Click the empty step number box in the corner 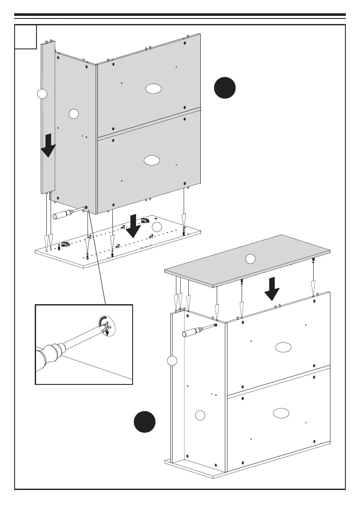(25, 37)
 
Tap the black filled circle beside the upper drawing (225, 88)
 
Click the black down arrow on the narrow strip (48, 145)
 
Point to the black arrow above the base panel (134, 226)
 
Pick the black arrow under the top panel (272, 289)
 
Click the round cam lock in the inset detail (107, 327)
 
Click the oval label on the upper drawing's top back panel (153, 89)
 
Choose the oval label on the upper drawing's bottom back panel (152, 160)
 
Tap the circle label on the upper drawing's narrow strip (42, 94)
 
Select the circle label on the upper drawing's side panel (74, 114)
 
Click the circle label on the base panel (157, 227)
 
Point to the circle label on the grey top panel (250, 258)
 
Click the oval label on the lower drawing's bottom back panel (281, 413)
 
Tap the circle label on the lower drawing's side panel (200, 415)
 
